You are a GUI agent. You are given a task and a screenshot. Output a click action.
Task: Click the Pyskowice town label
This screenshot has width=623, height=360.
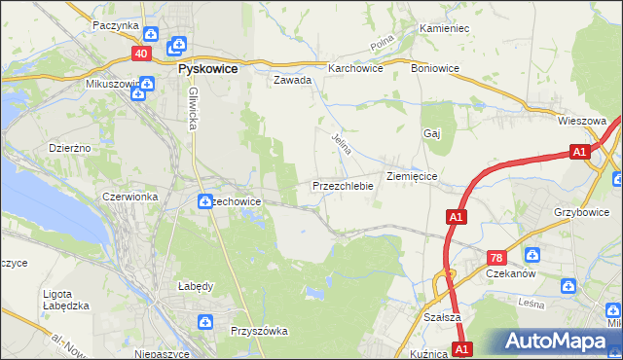[210, 70]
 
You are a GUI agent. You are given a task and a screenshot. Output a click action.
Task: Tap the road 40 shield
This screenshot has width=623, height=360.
[142, 54]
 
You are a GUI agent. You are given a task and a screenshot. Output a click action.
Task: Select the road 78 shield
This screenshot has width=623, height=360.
[496, 258]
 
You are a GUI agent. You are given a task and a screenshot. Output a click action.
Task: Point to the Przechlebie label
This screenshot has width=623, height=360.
[343, 185]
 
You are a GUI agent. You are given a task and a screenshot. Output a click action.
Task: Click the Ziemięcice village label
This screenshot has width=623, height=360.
[417, 177]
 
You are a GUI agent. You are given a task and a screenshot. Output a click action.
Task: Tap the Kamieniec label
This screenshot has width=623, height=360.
[445, 29]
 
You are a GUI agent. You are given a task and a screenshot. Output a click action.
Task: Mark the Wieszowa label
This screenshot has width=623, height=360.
[583, 122]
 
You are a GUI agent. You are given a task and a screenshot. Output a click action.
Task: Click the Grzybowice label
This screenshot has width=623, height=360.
[582, 209]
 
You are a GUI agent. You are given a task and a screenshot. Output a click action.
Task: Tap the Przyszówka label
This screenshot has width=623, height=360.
[259, 331]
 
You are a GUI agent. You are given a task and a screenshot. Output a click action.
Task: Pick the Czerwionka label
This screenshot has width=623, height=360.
[130, 197]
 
